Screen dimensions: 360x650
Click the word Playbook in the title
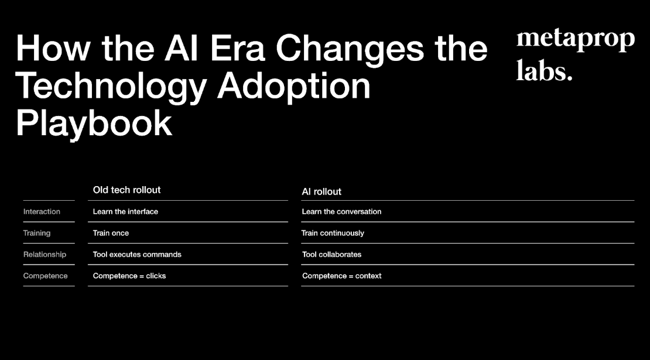pos(94,123)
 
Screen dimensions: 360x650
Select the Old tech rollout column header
pos(126,190)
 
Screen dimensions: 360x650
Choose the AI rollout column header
pos(321,191)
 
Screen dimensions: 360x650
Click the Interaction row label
pos(42,211)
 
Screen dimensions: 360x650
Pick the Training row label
pos(37,233)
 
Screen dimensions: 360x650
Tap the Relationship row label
pos(45,255)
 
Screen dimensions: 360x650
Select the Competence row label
pos(45,276)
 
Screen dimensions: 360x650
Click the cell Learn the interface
pos(125,211)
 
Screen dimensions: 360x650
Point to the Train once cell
pos(111,233)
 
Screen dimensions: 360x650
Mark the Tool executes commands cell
pos(137,255)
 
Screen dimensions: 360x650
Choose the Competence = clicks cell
pos(129,276)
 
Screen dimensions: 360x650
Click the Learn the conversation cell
pos(341,211)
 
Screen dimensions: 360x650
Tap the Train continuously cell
pos(333,233)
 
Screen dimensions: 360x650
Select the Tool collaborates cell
pos(331,255)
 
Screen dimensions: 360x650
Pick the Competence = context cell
pos(341,276)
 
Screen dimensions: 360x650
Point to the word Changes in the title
pos(350,48)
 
